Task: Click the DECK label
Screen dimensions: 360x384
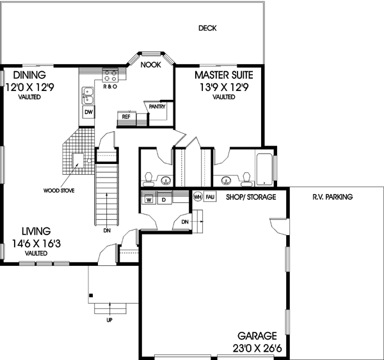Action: [x=207, y=28]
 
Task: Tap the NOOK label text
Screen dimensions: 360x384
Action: [x=150, y=65]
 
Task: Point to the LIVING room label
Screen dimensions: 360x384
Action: [x=36, y=231]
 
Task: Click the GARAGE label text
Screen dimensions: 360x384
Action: [x=259, y=336]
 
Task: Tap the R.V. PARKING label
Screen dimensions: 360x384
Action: [x=333, y=197]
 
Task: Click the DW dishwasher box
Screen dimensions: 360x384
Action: [x=88, y=113]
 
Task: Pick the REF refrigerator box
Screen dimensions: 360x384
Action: [x=127, y=117]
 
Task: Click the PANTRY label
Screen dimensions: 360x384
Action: [x=157, y=107]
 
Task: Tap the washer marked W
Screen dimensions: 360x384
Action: [x=148, y=199]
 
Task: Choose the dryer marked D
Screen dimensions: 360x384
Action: [x=164, y=199]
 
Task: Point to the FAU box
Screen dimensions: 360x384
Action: [x=211, y=197]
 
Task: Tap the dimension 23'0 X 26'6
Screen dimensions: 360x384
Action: [x=259, y=348]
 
